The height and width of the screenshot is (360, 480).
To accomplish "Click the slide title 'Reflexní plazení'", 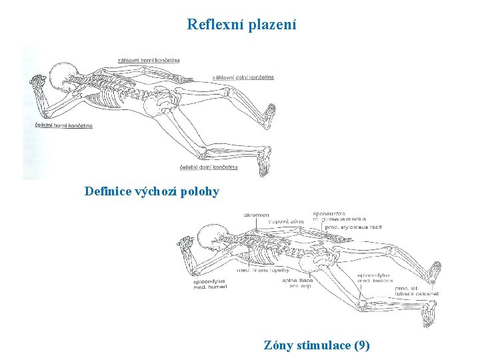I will pyautogui.click(x=241, y=25).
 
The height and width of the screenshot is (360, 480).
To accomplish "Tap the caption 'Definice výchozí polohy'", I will pyautogui.click(x=151, y=192).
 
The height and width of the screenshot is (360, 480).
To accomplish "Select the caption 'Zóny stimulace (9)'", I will pyautogui.click(x=317, y=345).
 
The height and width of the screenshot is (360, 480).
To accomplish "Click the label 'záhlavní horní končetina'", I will pyautogui.click(x=148, y=60).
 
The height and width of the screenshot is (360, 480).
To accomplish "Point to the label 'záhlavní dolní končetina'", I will pyautogui.click(x=243, y=77).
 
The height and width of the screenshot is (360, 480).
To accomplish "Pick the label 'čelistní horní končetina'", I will pyautogui.click(x=63, y=125).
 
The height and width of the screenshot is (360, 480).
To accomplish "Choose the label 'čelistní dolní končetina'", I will pyautogui.click(x=209, y=167).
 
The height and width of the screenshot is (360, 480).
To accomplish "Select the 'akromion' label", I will pyautogui.click(x=257, y=215).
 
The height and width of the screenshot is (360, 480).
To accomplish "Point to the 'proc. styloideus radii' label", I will pyautogui.click(x=353, y=227).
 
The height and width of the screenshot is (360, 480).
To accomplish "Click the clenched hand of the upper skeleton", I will pyautogui.click(x=37, y=83).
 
